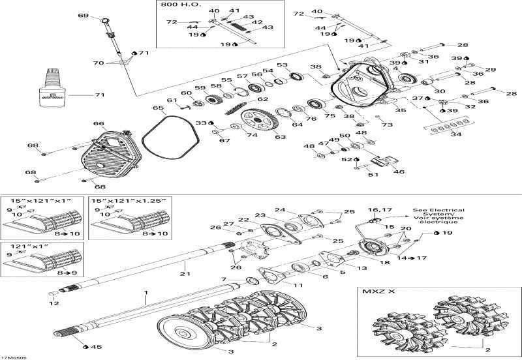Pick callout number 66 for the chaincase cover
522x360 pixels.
point(98,123)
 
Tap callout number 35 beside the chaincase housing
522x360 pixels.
point(399,111)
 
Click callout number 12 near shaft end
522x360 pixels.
point(55,303)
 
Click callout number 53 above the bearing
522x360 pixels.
point(281,65)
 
